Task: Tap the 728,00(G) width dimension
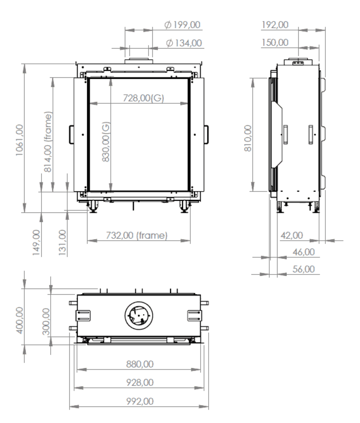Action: pyautogui.click(x=143, y=98)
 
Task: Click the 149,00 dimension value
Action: pyautogui.click(x=37, y=243)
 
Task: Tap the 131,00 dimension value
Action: pyautogui.click(x=62, y=243)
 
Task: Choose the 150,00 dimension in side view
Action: pyautogui.click(x=275, y=42)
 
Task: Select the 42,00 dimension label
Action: pyautogui.click(x=292, y=235)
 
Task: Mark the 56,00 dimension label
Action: pyautogui.click(x=304, y=269)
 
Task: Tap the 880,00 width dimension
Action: pyautogui.click(x=140, y=364)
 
